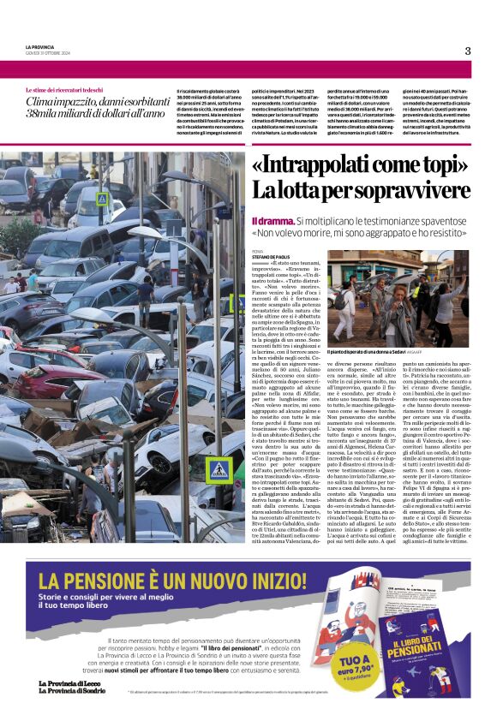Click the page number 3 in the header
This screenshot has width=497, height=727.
(468, 51)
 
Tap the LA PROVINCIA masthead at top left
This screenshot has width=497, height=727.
(40, 46)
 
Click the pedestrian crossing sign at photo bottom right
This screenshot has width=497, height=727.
(221, 469)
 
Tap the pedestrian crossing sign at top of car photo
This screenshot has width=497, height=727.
(102, 198)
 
